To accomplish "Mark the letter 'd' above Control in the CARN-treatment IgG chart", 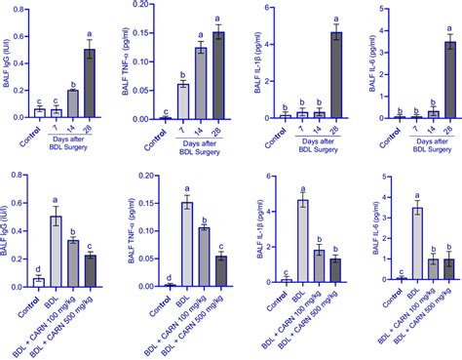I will [37, 266].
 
